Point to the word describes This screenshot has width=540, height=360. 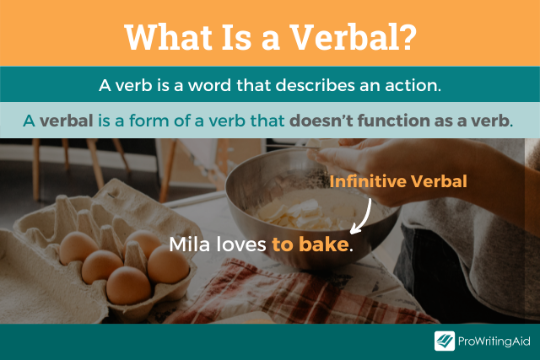[314, 85]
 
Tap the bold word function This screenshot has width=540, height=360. [403, 121]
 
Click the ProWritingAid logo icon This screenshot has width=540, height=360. [445, 341]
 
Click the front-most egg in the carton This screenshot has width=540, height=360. [128, 285]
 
